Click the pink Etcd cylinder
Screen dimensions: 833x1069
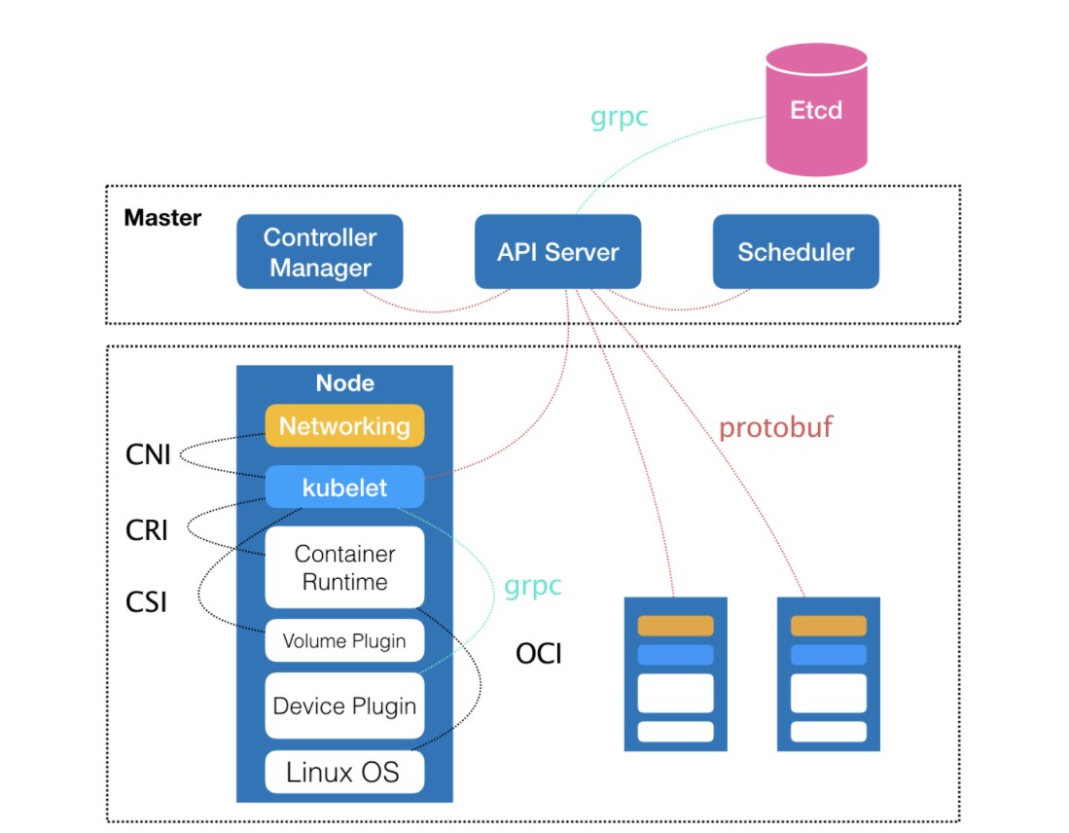815,109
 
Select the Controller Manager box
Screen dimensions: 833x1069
320,252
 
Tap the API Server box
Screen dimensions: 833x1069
557,252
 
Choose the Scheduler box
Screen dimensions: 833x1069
795,252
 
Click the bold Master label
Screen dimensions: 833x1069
162,217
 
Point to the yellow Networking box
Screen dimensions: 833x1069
344,426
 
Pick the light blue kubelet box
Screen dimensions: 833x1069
344,488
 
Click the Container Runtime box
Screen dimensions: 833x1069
344,568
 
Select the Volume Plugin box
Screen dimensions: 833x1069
344,641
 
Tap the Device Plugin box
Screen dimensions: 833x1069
344,706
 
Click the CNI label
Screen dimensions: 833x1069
148,454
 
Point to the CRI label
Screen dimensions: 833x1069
147,530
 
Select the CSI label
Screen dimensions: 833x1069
147,602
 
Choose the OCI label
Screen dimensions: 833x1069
539,654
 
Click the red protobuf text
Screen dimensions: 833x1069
775,427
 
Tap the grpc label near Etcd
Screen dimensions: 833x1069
620,118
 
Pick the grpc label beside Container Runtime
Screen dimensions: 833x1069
532,587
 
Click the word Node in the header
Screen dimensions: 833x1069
344,383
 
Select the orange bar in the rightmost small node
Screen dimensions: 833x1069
828,626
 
